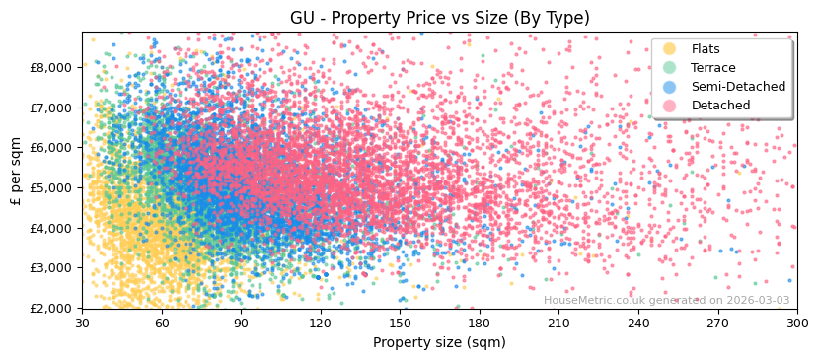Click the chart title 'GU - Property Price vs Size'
coord(439,18)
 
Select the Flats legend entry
coord(705,49)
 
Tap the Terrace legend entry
coord(712,68)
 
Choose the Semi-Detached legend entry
coord(738,87)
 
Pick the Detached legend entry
coord(720,106)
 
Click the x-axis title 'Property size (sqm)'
coord(439,342)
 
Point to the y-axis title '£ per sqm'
coord(16,169)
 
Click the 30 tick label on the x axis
coord(82,323)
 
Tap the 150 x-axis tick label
coord(400,323)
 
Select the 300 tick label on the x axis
coord(797,323)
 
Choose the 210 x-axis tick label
coord(558,323)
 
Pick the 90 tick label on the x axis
coord(241,323)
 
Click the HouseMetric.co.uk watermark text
coord(666,301)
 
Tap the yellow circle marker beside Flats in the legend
coord(669,49)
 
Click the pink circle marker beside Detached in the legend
coord(669,106)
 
